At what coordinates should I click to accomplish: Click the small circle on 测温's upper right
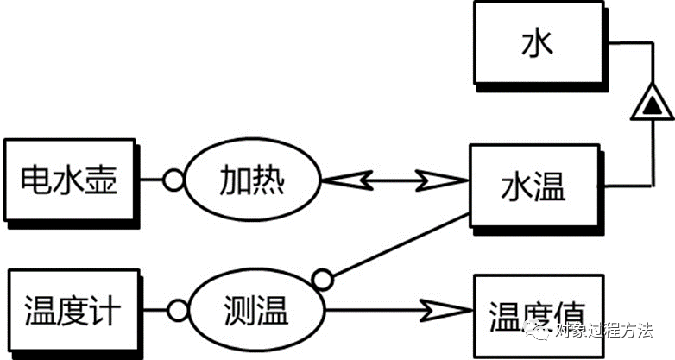(x=323, y=279)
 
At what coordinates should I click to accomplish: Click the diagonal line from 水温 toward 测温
(x=397, y=245)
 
